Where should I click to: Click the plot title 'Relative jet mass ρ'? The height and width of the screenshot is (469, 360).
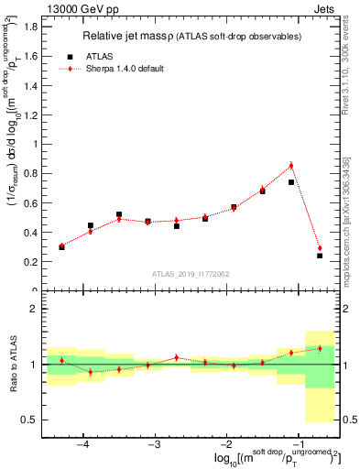[134, 36]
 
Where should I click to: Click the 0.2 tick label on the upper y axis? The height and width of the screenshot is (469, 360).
[30, 262]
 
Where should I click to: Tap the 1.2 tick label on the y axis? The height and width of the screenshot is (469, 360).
[30, 115]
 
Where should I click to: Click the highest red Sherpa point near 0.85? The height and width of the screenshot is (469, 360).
[291, 166]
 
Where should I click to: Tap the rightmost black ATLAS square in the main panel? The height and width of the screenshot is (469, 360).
[320, 256]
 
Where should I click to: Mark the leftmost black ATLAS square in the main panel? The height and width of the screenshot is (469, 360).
[61, 247]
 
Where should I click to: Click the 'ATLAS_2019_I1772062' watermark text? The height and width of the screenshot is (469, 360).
[191, 273]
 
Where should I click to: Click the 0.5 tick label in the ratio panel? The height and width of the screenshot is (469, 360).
[29, 420]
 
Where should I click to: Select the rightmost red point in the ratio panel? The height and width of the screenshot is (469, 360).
[320, 348]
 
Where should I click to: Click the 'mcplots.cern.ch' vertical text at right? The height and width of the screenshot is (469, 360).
[352, 229]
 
